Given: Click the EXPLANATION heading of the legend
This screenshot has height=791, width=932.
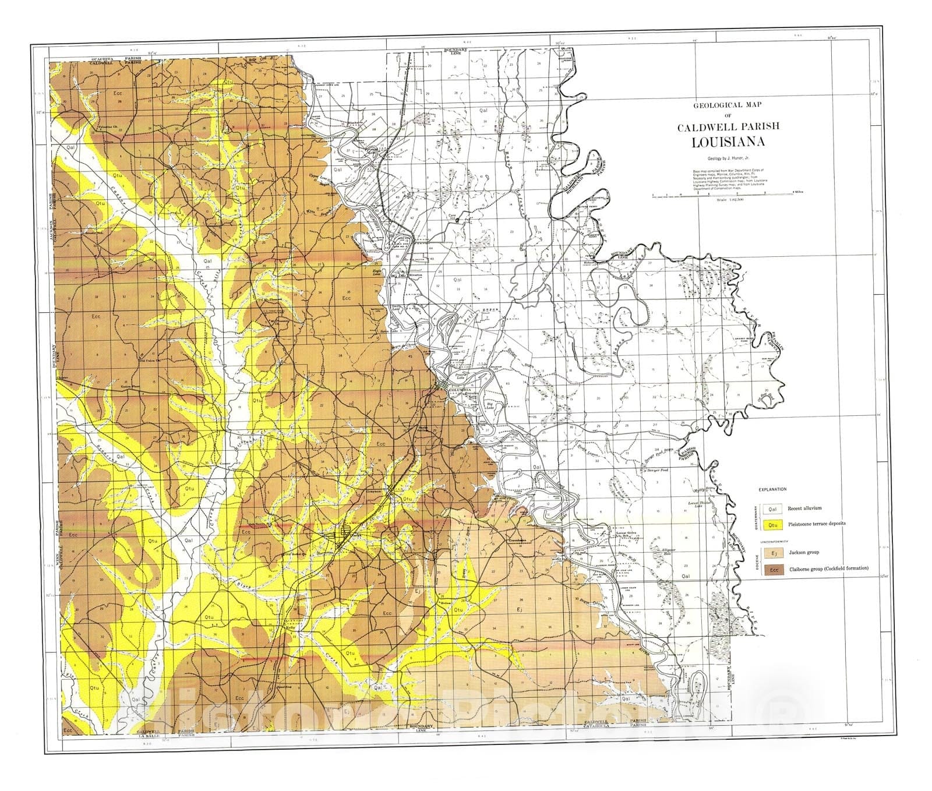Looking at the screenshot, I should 772,490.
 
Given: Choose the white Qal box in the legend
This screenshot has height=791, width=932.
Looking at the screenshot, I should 773,509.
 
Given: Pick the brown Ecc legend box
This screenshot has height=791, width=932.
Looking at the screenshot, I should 773,568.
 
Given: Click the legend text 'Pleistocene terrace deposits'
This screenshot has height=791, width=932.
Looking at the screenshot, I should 817,524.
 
